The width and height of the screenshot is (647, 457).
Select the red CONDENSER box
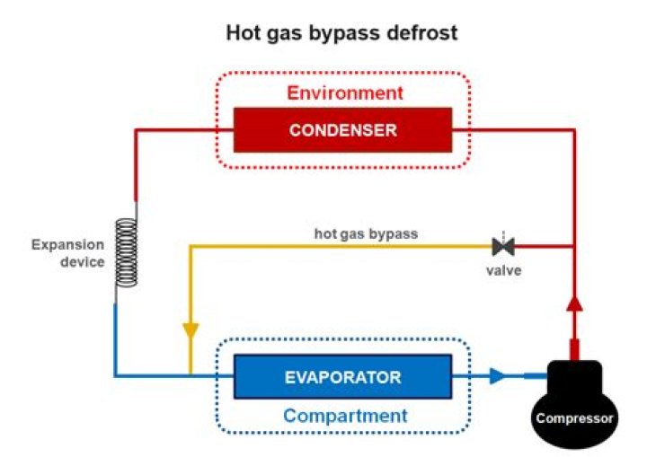pos(342,130)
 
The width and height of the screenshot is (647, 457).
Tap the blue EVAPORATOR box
pos(342,376)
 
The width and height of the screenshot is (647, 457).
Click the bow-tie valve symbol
pos(503,245)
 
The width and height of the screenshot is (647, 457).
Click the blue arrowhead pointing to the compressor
pos(498,376)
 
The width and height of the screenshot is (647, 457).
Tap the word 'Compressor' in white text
pos(575,418)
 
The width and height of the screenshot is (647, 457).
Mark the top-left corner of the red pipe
pos(135,130)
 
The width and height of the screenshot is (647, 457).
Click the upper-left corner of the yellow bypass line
pos(191,245)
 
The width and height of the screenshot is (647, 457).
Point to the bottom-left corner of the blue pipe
pos(116,376)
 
